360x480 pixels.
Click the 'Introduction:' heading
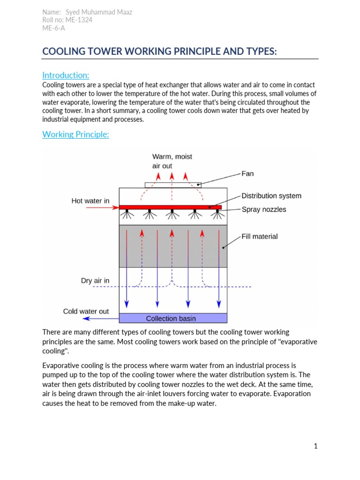coord(66,75)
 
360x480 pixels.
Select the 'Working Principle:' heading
coord(75,135)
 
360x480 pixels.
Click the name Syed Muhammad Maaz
coord(99,12)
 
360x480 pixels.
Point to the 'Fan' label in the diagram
coord(247,174)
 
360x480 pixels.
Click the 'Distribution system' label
coord(271,196)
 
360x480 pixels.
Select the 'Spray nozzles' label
coord(263,210)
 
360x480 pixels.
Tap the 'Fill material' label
coord(259,237)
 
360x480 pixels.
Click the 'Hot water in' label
coord(90,201)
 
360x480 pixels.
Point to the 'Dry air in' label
coord(95,281)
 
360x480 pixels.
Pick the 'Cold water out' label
coord(86,311)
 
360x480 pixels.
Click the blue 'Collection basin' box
coord(173,319)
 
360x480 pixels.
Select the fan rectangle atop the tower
coord(173,185)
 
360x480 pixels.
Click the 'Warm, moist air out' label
coord(172,161)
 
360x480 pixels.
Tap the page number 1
coord(316,446)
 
